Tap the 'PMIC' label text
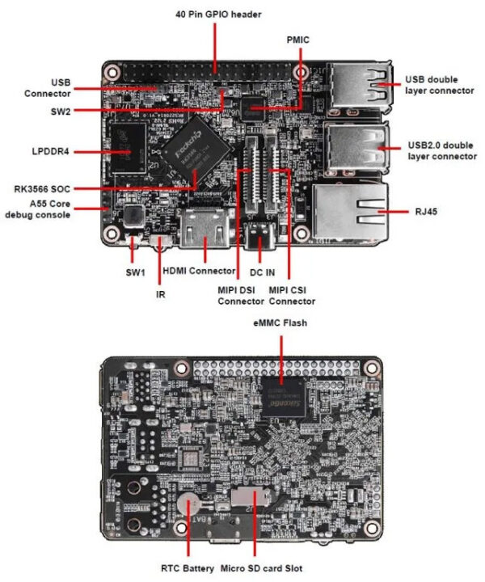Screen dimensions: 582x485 (x=298, y=38)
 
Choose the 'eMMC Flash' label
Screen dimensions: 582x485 (x=280, y=323)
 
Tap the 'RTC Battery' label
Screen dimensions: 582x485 (x=188, y=568)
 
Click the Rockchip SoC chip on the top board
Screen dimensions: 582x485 (x=189, y=151)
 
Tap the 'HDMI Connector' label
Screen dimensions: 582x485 (x=195, y=272)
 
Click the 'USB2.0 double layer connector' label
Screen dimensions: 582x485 (x=441, y=150)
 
